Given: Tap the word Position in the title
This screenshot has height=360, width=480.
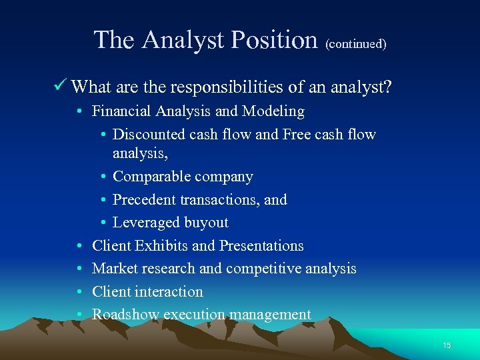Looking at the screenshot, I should [x=273, y=40].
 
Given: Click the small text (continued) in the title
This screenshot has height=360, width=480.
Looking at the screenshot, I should [x=356, y=44].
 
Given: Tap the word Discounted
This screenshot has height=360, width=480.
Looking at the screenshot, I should [x=149, y=134].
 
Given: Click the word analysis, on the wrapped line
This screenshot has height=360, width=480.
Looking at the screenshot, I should [x=139, y=153].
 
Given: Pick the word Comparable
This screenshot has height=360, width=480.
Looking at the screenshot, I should [x=146, y=177].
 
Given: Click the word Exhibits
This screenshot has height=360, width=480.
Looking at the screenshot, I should [x=161, y=245].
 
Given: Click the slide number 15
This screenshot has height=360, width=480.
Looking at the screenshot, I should [x=447, y=345].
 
